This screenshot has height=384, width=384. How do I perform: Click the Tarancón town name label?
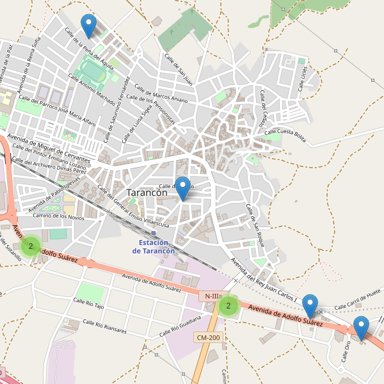click(x=147, y=192)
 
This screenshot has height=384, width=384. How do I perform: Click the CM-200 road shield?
click(x=209, y=337)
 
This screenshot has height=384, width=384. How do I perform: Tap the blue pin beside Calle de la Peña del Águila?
click(x=88, y=26)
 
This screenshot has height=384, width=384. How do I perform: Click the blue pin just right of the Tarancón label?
click(x=183, y=188)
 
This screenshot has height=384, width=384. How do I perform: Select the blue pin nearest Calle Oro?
click(x=361, y=328)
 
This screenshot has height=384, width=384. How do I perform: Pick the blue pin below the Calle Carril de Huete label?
click(x=310, y=305)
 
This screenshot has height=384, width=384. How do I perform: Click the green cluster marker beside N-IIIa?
click(x=228, y=306)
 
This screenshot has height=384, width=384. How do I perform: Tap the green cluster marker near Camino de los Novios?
click(x=30, y=246)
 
